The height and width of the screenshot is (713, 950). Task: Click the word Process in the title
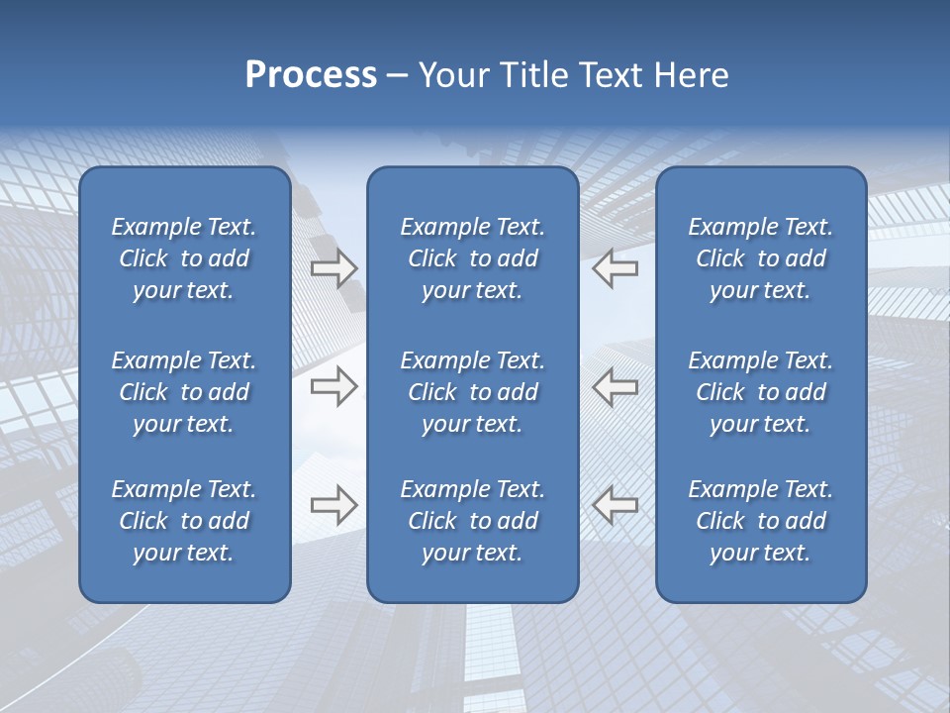311,75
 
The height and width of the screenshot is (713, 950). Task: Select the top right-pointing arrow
333,268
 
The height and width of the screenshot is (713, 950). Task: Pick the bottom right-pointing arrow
333,505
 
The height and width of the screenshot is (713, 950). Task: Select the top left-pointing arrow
616,268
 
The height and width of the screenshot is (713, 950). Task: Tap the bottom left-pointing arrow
616,505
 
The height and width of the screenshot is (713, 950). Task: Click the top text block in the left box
184,258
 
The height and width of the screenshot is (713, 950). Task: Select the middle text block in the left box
184,392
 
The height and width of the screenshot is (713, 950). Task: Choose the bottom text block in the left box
184,521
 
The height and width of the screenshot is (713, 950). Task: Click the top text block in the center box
472,258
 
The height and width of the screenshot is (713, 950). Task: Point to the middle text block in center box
472,392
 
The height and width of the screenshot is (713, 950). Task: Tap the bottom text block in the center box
472,521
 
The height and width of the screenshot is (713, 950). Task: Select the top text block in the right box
760,258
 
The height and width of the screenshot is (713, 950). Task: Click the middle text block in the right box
760,392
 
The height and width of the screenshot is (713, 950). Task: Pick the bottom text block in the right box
760,521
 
